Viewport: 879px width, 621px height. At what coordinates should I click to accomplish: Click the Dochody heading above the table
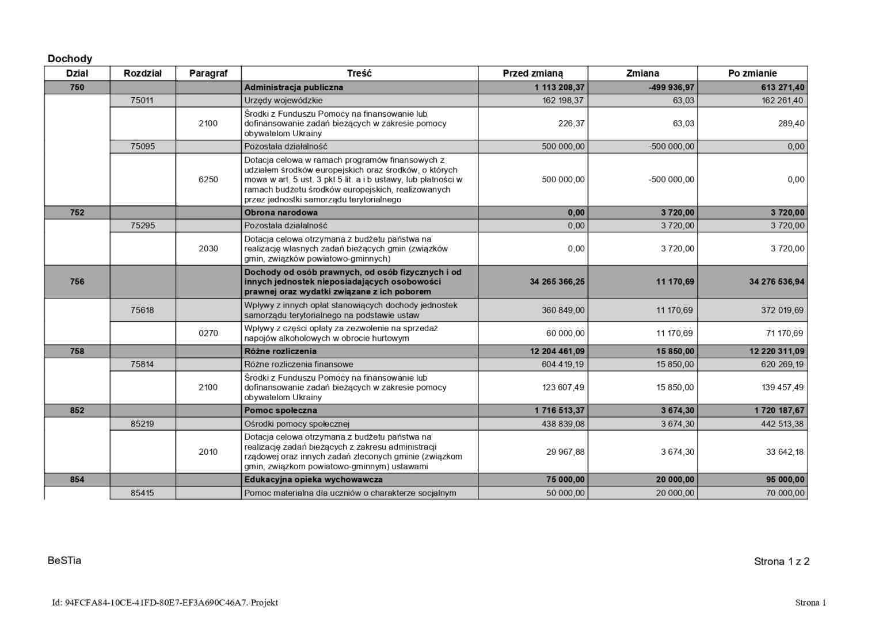point(70,59)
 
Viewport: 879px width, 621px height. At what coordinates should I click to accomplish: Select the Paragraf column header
point(208,73)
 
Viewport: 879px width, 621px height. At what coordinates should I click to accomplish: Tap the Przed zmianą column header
point(532,73)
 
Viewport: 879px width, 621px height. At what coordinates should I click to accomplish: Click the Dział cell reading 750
point(77,87)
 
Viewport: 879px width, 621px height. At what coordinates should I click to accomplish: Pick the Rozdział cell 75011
point(142,101)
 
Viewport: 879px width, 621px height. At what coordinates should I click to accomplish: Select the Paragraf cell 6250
point(208,179)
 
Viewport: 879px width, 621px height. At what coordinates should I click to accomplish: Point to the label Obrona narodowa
point(281,213)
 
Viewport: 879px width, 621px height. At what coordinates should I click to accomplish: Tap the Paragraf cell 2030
point(208,249)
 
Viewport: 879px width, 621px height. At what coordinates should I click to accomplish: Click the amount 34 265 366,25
point(557,282)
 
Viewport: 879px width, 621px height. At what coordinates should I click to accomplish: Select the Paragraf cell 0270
point(208,333)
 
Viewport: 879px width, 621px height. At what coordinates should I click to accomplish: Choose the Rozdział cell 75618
point(142,310)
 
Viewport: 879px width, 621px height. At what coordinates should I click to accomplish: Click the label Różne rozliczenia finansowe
point(299,365)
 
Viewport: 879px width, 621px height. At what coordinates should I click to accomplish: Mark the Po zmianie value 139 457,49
point(783,388)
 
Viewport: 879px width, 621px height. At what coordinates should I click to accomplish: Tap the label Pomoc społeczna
point(281,411)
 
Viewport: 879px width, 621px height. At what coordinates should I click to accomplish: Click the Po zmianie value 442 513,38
point(783,424)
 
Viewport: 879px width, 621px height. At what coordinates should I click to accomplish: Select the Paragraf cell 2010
point(208,452)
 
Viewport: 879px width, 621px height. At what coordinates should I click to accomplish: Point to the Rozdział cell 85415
point(142,493)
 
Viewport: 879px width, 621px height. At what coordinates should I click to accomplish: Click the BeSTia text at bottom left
point(64,561)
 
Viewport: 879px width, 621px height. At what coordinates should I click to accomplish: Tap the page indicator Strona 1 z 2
point(781,562)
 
